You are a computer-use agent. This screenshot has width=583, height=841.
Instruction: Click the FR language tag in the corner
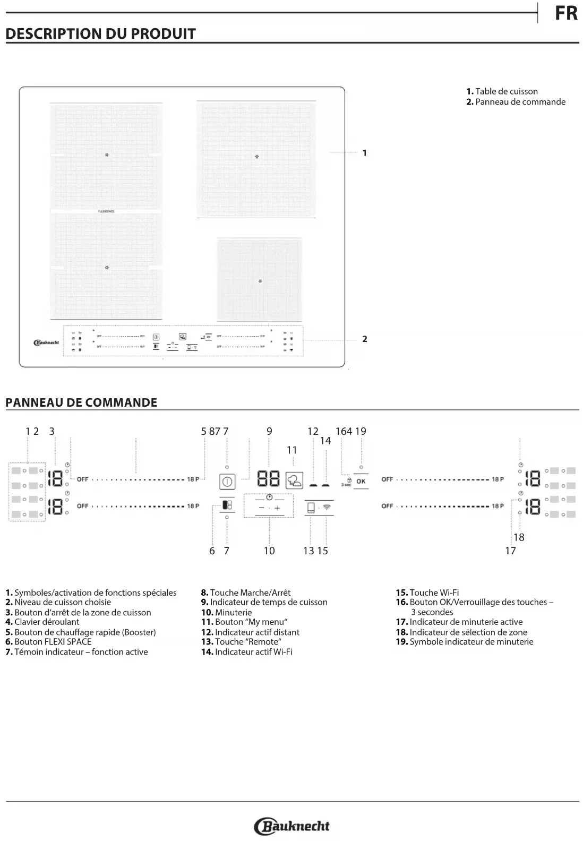567,13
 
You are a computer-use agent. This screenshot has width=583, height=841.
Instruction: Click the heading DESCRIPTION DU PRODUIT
101,34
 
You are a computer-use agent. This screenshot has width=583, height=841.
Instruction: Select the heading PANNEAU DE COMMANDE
81,402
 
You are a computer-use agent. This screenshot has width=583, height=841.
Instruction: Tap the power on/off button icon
227,482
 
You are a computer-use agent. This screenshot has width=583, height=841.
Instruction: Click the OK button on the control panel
361,482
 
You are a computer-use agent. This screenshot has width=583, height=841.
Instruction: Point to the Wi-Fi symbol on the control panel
327,508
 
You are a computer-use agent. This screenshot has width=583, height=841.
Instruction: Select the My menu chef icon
294,480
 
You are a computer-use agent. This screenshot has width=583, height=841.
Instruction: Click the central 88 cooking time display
269,479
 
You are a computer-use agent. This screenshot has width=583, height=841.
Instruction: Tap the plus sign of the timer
277,508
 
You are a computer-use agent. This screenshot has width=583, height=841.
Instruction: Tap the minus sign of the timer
261,508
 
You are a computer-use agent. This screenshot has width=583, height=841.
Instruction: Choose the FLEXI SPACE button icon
227,505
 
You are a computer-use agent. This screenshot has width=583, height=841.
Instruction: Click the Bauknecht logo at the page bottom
292,826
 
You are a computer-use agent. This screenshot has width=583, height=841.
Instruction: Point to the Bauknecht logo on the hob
46,342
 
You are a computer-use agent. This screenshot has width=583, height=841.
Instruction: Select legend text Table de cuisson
506,91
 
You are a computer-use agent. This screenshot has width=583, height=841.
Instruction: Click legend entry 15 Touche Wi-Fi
427,593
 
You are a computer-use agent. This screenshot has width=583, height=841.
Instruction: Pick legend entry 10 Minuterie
227,612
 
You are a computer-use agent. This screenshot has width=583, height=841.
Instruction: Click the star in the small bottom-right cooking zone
260,281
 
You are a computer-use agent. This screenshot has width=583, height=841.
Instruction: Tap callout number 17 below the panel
510,551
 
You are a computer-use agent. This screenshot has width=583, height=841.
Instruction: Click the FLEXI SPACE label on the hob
107,211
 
